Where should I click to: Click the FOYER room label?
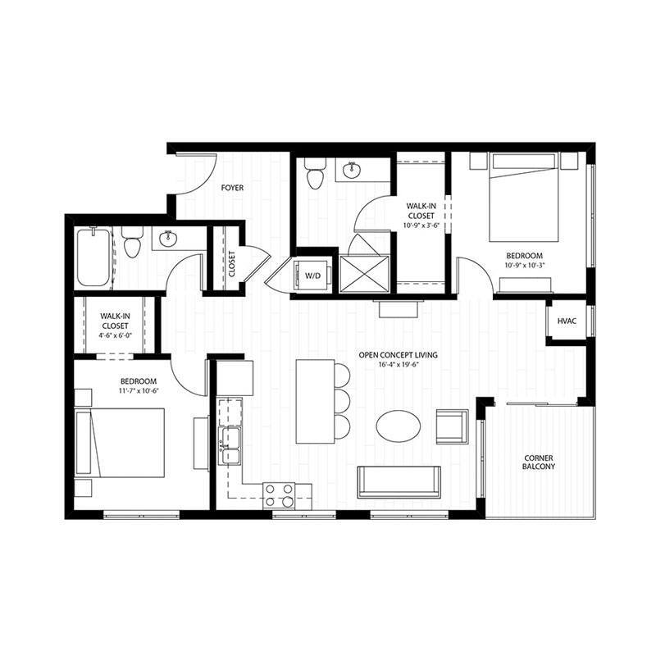233,188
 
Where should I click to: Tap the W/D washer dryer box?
313,276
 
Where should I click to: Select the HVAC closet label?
567,321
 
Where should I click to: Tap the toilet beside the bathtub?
132,243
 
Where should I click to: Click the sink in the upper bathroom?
353,171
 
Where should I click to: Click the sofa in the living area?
399,481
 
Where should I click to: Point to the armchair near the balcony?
452,426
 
